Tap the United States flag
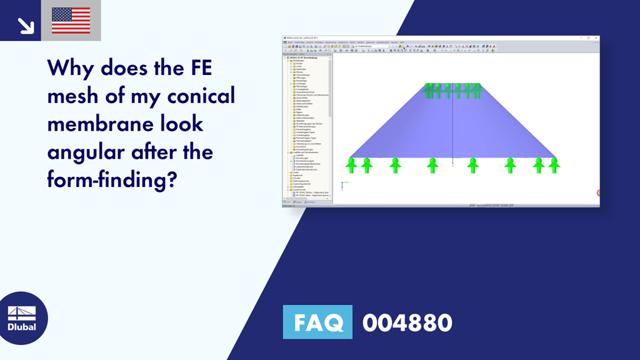click(x=71, y=21)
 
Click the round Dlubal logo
click(x=24, y=318)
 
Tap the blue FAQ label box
click(x=317, y=322)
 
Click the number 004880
click(x=407, y=323)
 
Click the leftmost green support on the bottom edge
click(x=352, y=165)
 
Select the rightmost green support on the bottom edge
click(x=554, y=165)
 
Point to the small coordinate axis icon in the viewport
click(x=342, y=184)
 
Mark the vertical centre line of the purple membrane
click(x=452, y=125)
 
